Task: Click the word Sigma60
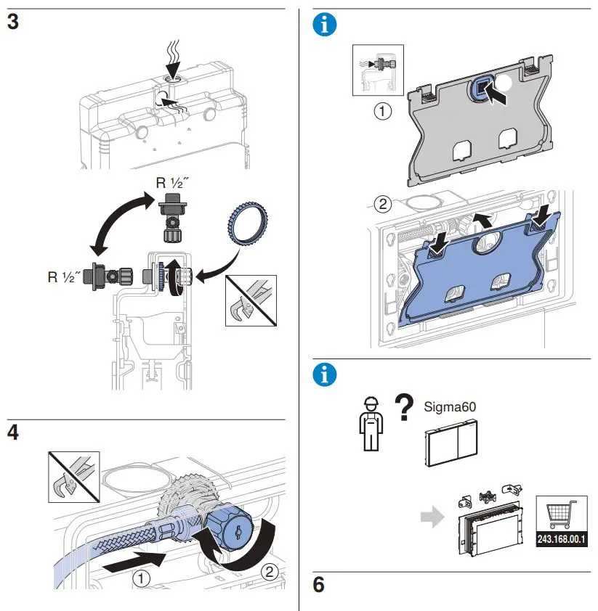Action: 450,407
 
